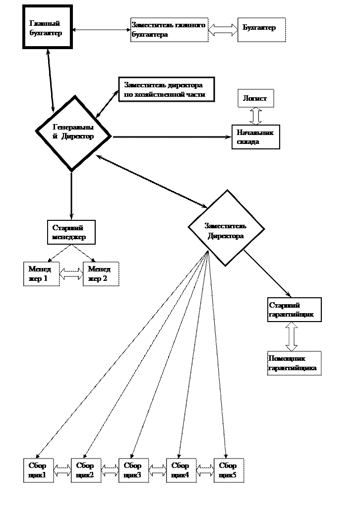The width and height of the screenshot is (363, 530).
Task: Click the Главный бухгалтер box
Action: pyautogui.click(x=47, y=27)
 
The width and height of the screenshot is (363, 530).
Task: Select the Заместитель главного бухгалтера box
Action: pyautogui.click(x=169, y=30)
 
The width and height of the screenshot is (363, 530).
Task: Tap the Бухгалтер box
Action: pyautogui.click(x=262, y=30)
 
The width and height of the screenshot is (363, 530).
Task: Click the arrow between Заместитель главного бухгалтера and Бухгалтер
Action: pyautogui.click(x=223, y=30)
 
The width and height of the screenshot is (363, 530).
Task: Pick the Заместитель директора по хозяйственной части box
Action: pyautogui.click(x=166, y=89)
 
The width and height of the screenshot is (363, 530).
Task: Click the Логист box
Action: pyautogui.click(x=255, y=98)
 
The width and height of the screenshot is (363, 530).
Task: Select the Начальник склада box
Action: pyautogui.click(x=256, y=136)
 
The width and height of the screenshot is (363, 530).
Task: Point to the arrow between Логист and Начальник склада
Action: pyautogui.click(x=256, y=116)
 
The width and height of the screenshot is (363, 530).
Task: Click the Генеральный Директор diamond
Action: pyautogui.click(x=73, y=133)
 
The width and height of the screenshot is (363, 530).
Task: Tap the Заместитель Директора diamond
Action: pyautogui.click(x=226, y=228)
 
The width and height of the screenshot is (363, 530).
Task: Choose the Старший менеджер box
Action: pyautogui.click(x=71, y=232)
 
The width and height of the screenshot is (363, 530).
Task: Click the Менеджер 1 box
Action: pyautogui.click(x=42, y=274)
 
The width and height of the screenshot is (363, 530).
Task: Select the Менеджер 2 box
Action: pyautogui.click(x=101, y=274)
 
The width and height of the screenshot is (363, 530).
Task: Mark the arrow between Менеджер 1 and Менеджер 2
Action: pyautogui.click(x=71, y=274)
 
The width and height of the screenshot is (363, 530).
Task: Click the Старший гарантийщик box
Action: pyautogui.click(x=294, y=310)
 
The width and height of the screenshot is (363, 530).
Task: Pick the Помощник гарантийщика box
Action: pyautogui.click(x=294, y=363)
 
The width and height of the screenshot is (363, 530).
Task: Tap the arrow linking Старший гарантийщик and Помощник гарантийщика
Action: pyautogui.click(x=292, y=336)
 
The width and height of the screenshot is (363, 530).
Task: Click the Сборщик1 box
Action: pyautogui.click(x=39, y=470)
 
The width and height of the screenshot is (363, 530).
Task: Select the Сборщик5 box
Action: pyautogui.click(x=229, y=470)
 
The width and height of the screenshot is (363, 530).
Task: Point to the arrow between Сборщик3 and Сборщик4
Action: pyautogui.click(x=158, y=470)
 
